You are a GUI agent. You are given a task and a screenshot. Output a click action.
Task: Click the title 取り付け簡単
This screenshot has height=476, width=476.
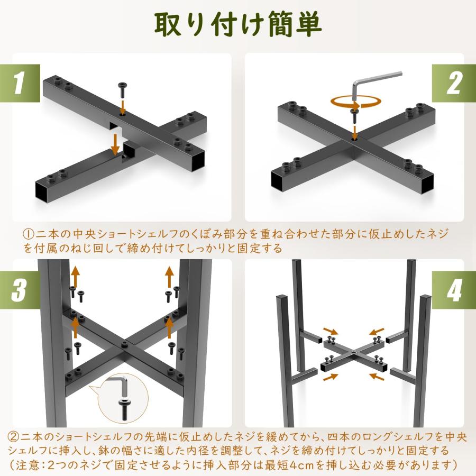pos(237,24)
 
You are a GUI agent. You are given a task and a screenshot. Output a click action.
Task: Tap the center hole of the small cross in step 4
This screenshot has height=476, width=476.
pos(352,351)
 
